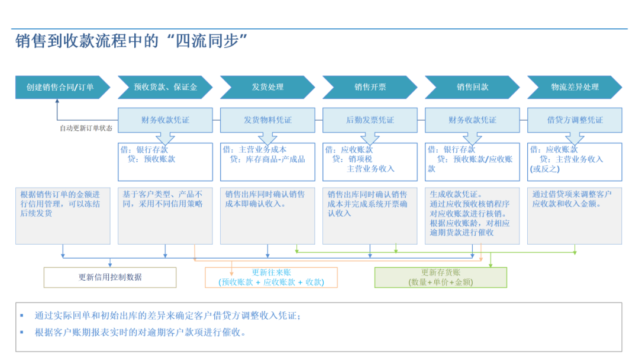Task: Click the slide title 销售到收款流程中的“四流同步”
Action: [131, 41]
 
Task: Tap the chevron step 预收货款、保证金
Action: [165, 87]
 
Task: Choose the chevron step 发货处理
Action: [267, 87]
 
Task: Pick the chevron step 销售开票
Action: [370, 87]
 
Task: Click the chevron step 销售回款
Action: [472, 87]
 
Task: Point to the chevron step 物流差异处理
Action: [575, 87]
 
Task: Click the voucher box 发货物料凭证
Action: [267, 120]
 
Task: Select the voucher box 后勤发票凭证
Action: [370, 120]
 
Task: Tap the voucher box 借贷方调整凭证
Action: [575, 120]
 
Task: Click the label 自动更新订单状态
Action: [86, 128]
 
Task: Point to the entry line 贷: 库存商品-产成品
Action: [267, 159]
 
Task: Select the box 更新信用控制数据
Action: [110, 278]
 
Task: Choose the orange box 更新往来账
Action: [272, 278]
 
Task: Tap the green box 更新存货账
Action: [441, 278]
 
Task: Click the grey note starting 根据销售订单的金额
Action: [63, 216]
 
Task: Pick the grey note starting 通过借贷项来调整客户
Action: [575, 216]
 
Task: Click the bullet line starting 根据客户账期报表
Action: [141, 333]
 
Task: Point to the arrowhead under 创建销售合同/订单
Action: [57, 101]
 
